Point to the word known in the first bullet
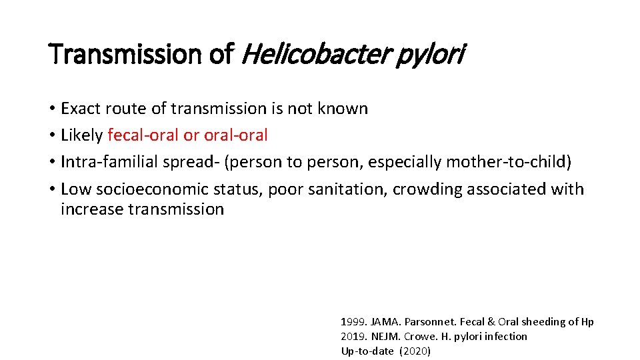tap(345, 108)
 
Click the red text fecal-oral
tap(143, 135)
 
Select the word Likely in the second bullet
tap(81, 135)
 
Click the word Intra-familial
tap(109, 162)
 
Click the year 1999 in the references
tap(351, 322)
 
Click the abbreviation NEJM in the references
tap(382, 337)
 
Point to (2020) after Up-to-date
tap(415, 351)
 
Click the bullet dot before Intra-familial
tap(51, 163)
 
